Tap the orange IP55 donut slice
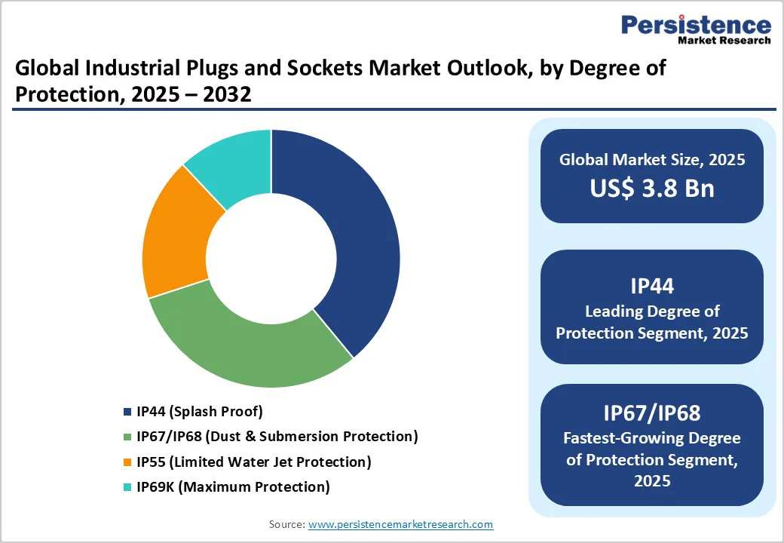(177, 234)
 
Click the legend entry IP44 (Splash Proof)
(199, 411)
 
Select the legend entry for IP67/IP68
(276, 436)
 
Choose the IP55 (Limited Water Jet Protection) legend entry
(253, 462)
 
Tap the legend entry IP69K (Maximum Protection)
(232, 486)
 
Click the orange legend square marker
(127, 462)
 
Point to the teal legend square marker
(127, 487)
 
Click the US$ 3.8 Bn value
(651, 188)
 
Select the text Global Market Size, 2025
(651, 160)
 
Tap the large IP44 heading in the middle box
(651, 286)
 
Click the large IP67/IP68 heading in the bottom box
(651, 413)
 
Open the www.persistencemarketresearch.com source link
(400, 524)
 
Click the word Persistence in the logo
(696, 25)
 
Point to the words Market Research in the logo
(724, 40)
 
